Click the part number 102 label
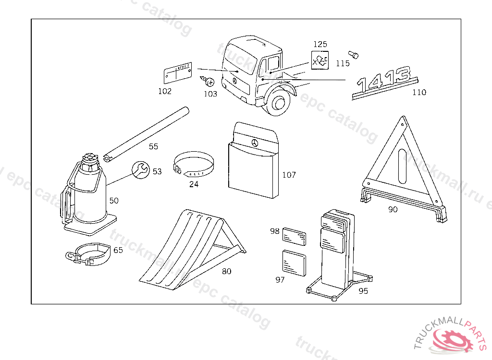165,91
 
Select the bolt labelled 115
353,54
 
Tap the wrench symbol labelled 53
140,169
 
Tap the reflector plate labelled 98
294,236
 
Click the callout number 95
363,291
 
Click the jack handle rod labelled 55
147,133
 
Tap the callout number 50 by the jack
114,201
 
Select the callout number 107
289,175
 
